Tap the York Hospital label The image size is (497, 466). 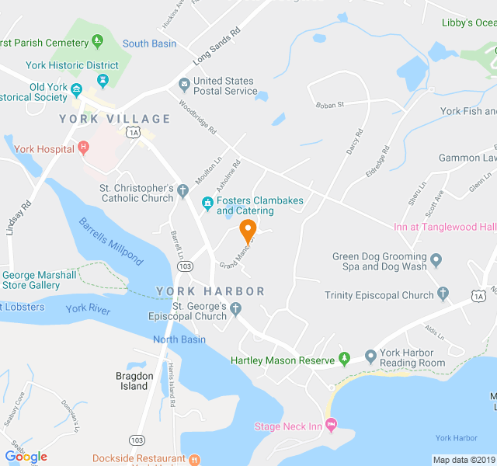(42, 148)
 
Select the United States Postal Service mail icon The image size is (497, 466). (184, 84)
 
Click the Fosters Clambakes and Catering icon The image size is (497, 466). (207, 204)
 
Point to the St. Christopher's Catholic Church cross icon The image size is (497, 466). (182, 190)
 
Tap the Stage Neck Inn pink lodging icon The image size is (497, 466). (332, 424)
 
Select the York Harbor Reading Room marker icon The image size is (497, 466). (370, 356)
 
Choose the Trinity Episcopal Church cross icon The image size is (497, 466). (443, 294)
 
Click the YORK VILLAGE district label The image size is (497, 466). (114, 119)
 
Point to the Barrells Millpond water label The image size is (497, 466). (111, 241)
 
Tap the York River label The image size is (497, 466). (88, 309)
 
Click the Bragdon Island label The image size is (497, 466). (133, 381)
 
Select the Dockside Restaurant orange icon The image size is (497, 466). (195, 459)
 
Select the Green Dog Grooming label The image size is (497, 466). (380, 261)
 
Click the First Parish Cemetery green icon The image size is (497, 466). (97, 40)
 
